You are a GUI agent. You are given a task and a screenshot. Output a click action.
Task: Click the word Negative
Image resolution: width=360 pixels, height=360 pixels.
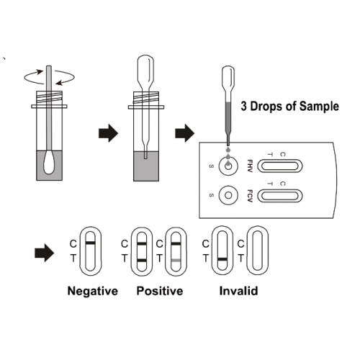pos(93,291)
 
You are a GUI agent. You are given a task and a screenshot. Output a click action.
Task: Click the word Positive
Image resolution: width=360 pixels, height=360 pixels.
pos(160,291)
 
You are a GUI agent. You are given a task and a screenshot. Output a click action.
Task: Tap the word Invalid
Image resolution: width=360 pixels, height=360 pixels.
pos(238,291)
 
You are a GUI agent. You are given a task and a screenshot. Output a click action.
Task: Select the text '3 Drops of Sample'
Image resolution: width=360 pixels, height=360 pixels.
pos(289,106)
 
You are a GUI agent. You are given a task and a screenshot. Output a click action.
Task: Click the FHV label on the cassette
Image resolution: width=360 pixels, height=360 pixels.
pos(250,166)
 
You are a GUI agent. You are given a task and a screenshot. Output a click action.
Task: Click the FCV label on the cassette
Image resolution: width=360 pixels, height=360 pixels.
pos(250,196)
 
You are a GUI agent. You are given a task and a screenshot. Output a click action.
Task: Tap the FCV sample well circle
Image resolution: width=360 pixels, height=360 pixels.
pos(228,195)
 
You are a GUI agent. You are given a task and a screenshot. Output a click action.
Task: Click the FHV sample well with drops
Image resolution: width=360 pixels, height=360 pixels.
pos(228,166)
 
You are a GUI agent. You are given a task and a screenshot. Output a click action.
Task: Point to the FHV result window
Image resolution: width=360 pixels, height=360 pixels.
pos(280,166)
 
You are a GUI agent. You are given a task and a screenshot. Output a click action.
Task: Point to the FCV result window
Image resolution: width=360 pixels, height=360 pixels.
pos(280,196)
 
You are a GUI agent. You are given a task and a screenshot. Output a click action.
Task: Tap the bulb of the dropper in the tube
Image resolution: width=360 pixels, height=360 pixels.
pos(145,70)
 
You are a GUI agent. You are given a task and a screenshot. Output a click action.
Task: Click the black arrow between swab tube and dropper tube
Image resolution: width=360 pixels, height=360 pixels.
pos(109,133)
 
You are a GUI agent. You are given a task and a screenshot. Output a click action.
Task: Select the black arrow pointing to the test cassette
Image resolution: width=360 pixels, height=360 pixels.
pos(184,133)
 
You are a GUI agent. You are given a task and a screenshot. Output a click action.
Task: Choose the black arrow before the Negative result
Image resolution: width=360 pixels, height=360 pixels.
pos(45,253)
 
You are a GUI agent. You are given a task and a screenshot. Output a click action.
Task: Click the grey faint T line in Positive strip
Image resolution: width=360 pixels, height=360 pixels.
pos(176,261)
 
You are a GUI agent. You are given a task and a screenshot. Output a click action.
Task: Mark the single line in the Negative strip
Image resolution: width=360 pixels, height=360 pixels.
pos(90,243)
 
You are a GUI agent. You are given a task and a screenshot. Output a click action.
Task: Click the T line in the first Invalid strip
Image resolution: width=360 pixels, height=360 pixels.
pos(222,259)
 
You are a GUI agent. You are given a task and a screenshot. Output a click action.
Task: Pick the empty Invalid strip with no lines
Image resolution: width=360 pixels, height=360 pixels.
pos(258,251)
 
